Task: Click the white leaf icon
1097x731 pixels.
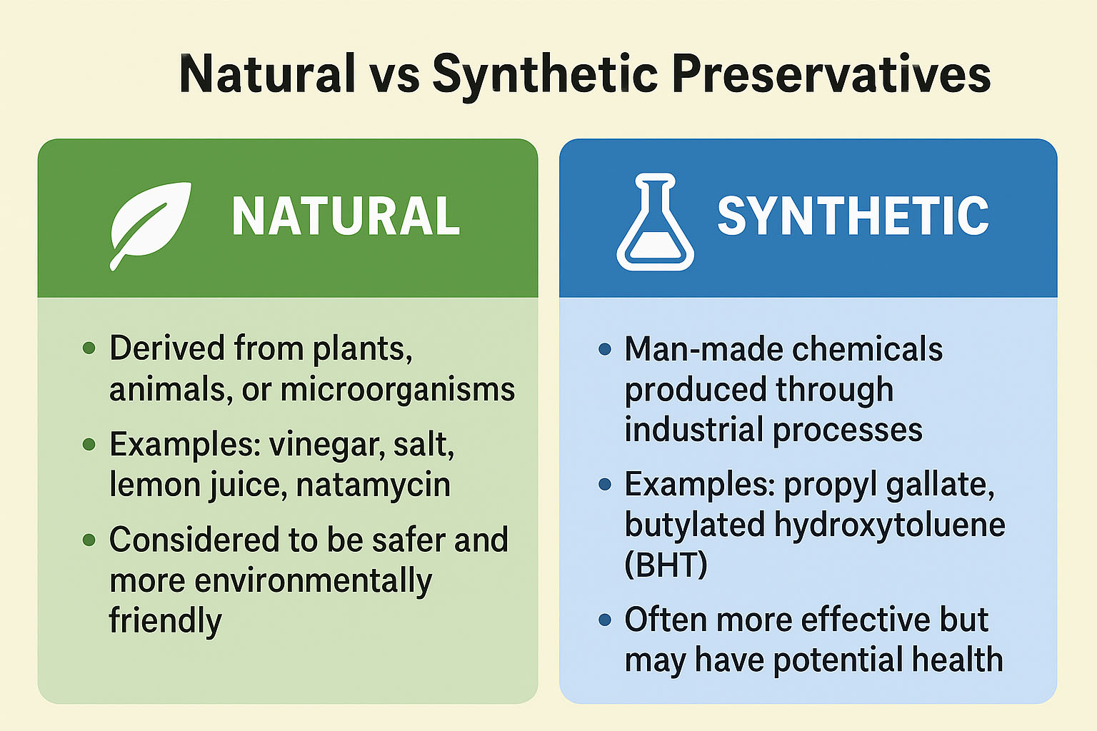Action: [x=149, y=223]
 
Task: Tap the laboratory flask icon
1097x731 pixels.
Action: [x=655, y=222]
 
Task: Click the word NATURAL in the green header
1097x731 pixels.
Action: [x=346, y=216]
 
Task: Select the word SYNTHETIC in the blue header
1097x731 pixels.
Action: [x=853, y=216]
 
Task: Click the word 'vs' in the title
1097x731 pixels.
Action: [x=394, y=74]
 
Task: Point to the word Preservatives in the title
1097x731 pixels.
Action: [x=831, y=74]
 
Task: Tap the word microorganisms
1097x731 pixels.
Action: [x=398, y=390]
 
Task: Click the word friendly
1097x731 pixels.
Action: [x=165, y=620]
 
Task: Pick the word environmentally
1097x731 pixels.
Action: [x=314, y=580]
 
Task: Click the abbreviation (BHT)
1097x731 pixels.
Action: [x=666, y=565]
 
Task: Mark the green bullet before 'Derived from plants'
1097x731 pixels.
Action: [x=89, y=348]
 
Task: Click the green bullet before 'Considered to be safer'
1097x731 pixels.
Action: [x=89, y=540]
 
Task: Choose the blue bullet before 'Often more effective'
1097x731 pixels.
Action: [x=606, y=620]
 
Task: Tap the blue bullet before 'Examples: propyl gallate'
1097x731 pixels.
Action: [x=606, y=485]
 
